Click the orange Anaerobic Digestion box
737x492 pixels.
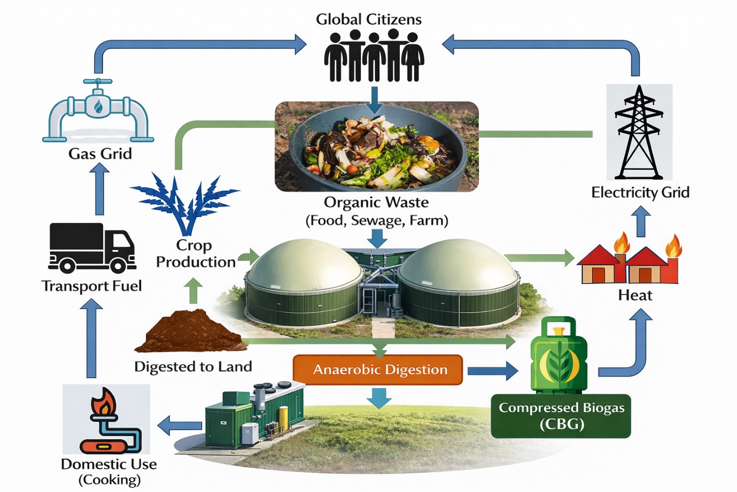[x=378, y=370]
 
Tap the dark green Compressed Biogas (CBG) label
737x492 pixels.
[x=561, y=416]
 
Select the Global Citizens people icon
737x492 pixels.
[x=374, y=56]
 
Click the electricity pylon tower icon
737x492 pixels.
[x=639, y=133]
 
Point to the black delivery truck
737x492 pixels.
[x=91, y=248]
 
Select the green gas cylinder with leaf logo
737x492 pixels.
[x=558, y=355]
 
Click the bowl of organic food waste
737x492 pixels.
[x=376, y=147]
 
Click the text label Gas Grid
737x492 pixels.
[x=100, y=154]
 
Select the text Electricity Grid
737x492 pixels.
[x=640, y=193]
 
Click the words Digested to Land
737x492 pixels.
[x=193, y=367]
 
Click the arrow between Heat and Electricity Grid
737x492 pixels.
[x=641, y=222]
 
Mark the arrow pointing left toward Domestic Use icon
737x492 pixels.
[x=180, y=426]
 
